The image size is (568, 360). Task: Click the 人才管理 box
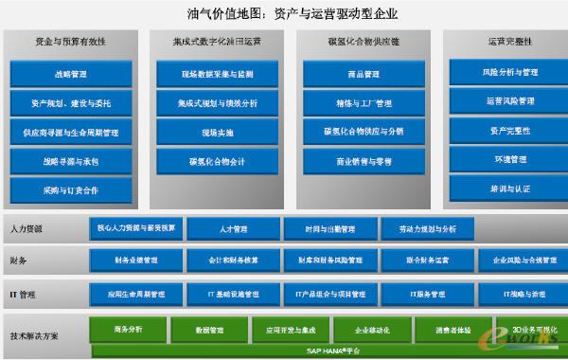[233, 228]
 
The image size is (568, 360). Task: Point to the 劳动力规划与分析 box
[427, 228]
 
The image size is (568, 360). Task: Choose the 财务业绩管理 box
[135, 259]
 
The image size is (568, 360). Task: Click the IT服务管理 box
[427, 294]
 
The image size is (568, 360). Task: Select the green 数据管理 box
[209, 330]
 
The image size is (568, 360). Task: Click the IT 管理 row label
[23, 295]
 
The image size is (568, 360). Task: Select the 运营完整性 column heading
[509, 42]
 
